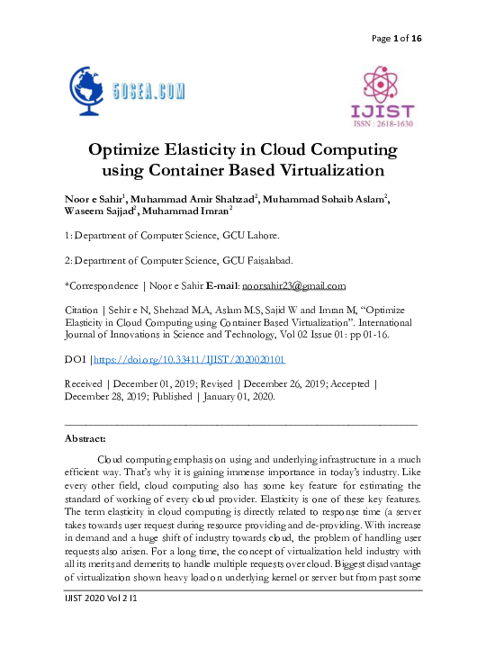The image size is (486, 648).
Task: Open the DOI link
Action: (190, 359)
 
